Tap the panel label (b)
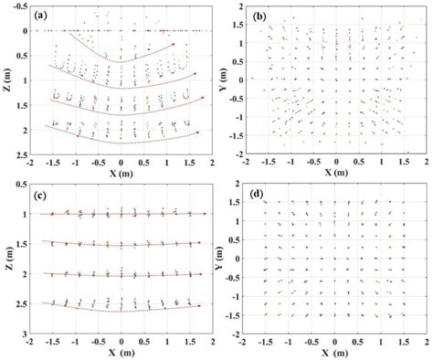click(x=259, y=16)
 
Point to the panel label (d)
click(x=259, y=193)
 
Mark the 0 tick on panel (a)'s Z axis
click(x=26, y=31)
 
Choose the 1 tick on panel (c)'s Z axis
click(x=26, y=215)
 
